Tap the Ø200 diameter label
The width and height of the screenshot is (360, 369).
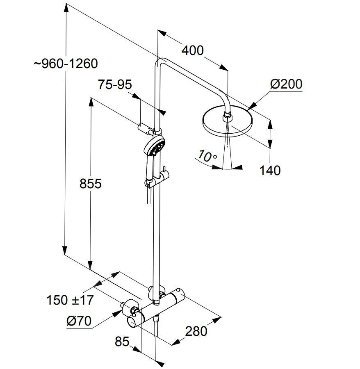click(x=286, y=84)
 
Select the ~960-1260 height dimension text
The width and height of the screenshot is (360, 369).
click(x=66, y=64)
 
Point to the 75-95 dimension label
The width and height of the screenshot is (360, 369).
click(x=115, y=85)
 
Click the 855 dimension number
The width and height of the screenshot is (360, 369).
click(x=90, y=183)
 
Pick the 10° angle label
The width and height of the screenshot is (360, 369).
click(x=207, y=156)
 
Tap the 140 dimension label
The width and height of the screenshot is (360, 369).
click(x=270, y=170)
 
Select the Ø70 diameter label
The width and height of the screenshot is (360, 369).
click(x=79, y=321)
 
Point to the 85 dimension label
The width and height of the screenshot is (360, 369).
click(x=122, y=341)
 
